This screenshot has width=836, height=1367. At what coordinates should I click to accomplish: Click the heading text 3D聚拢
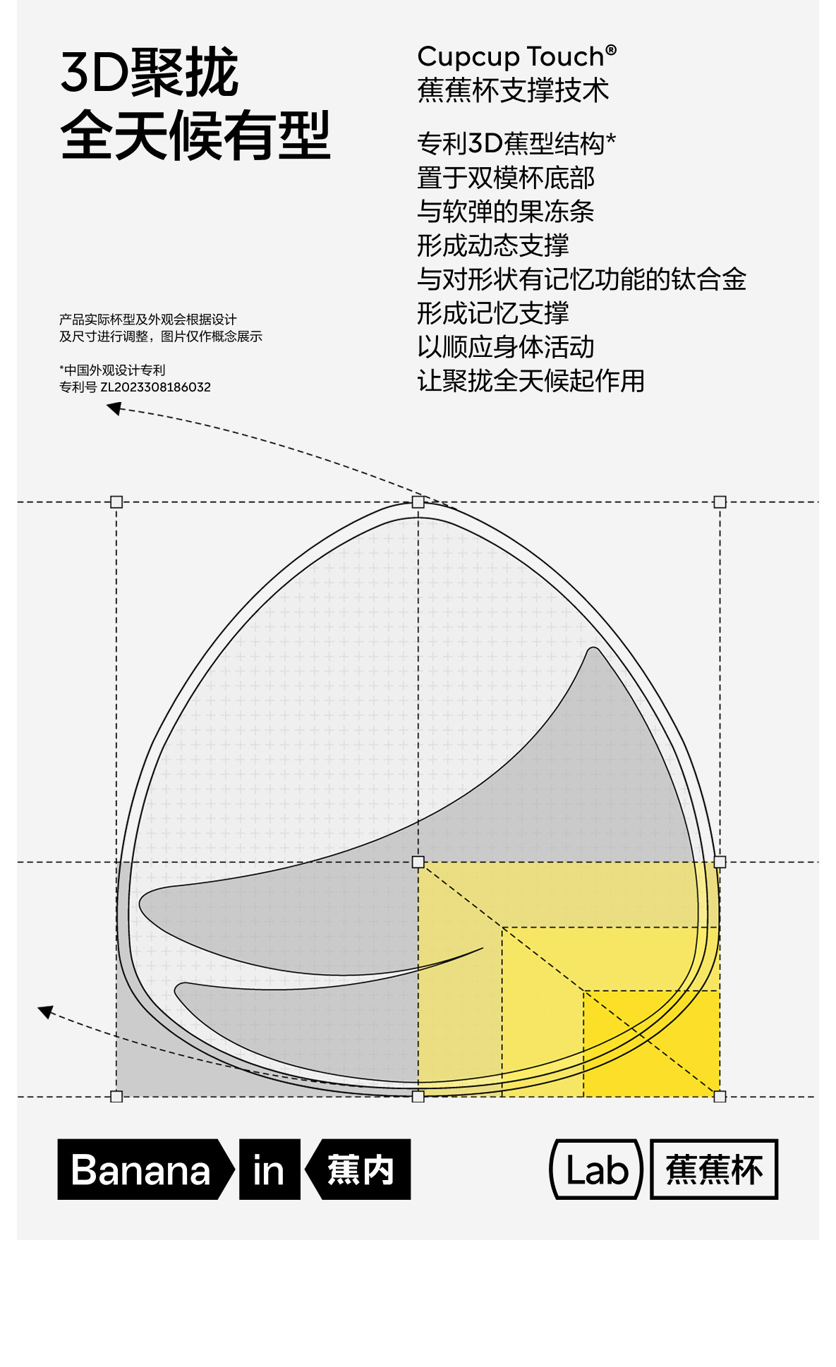(x=149, y=73)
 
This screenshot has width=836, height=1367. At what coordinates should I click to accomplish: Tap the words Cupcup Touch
(x=510, y=56)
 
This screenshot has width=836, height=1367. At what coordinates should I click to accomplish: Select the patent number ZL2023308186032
(x=155, y=387)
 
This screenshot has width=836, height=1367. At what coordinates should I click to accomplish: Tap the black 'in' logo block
(x=269, y=1169)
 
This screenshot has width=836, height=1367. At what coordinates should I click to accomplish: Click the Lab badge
(x=596, y=1169)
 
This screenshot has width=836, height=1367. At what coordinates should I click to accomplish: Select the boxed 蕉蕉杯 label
(x=714, y=1169)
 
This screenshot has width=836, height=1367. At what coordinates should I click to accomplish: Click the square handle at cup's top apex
(x=418, y=502)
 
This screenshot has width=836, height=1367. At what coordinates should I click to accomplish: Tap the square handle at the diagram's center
(x=418, y=862)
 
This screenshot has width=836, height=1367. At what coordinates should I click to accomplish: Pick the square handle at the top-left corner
(x=116, y=502)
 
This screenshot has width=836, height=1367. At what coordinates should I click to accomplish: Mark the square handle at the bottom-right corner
(x=720, y=1096)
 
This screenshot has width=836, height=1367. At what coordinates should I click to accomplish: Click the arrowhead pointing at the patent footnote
(x=113, y=408)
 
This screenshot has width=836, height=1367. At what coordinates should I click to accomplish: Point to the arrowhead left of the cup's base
(x=45, y=1011)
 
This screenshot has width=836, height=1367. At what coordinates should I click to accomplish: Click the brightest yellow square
(x=651, y=1043)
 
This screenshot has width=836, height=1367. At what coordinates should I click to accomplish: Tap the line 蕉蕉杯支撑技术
(x=513, y=91)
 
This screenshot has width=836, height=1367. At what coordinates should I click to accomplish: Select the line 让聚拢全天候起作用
(x=531, y=381)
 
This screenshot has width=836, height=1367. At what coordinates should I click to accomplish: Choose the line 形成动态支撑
(x=492, y=245)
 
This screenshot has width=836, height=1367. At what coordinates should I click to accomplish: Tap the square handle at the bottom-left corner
(x=116, y=1096)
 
